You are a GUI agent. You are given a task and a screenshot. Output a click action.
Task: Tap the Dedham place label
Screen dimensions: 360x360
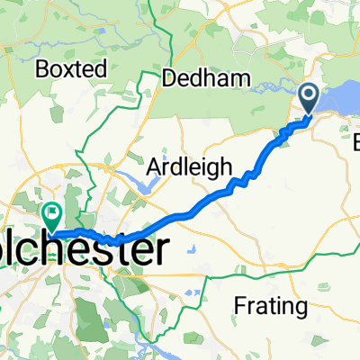205,79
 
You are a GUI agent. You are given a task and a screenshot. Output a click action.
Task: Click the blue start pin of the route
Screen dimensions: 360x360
309,99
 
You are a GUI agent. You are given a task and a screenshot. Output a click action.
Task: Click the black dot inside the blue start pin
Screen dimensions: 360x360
309,94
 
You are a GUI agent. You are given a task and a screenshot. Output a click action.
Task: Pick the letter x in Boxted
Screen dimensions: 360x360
69,69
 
